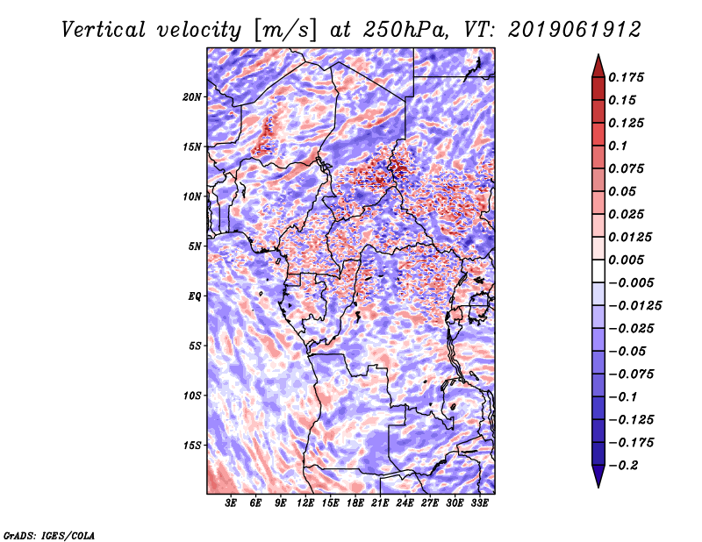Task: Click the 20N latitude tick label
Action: [x=192, y=97]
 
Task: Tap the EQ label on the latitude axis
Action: [x=194, y=296]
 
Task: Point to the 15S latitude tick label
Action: [x=192, y=446]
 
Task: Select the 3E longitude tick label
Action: [x=231, y=503]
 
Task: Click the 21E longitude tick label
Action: [x=380, y=503]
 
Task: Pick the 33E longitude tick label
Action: [x=479, y=503]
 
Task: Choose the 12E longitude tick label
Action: [x=305, y=503]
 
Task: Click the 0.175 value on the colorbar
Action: [x=626, y=77]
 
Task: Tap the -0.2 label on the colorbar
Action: [x=623, y=466]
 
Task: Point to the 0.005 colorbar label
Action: [x=626, y=260]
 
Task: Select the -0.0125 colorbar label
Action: [x=634, y=306]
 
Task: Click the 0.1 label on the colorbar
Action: [x=618, y=146]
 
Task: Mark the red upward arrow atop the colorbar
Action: [x=598, y=67]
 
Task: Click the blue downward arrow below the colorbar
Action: [x=598, y=476]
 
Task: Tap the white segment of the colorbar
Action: [x=598, y=271]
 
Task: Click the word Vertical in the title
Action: [x=104, y=30]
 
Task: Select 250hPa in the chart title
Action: [x=405, y=30]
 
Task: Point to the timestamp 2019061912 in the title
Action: [x=575, y=30]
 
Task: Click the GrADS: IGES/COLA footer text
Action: [x=49, y=535]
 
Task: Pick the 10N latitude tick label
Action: [x=192, y=196]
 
